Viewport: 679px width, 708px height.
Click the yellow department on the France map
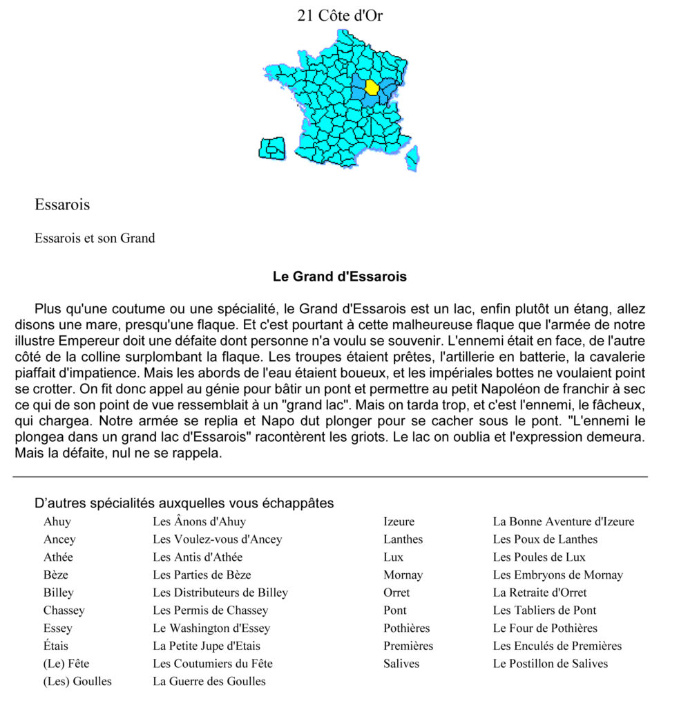(372, 87)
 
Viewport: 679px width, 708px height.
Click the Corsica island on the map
(412, 158)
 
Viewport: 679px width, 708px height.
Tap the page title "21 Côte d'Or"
(340, 15)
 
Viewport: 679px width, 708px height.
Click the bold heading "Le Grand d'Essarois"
(340, 277)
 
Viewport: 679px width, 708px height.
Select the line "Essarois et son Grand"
(95, 239)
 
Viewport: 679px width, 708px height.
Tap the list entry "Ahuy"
(57, 522)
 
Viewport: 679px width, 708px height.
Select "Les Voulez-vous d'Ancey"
(217, 539)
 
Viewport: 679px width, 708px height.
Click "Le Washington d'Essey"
(211, 628)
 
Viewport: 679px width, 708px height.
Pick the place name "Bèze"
(56, 575)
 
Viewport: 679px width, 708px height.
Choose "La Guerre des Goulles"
(209, 682)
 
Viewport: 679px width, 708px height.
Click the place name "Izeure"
(399, 522)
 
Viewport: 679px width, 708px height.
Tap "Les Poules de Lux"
(539, 557)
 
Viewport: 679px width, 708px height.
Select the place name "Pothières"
(406, 628)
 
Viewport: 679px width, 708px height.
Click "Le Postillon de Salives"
(550, 664)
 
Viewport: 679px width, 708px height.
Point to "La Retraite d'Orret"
(539, 593)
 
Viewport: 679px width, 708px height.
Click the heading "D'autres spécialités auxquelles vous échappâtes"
(184, 503)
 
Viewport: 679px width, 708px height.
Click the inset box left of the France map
(272, 148)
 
